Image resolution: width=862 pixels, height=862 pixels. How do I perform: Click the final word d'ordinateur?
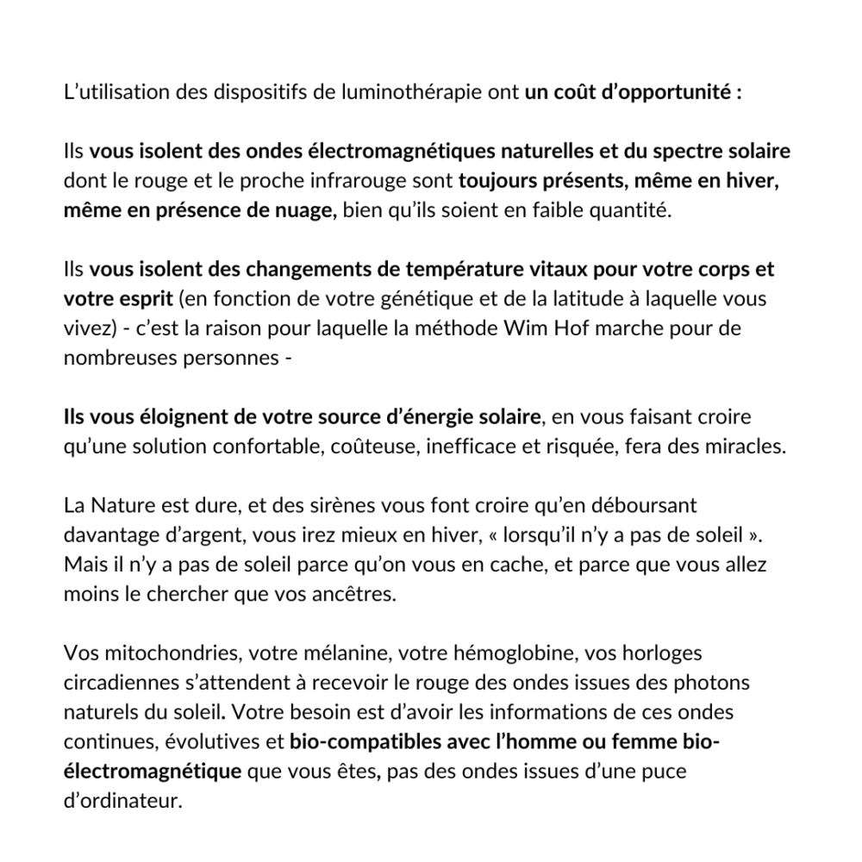[x=123, y=801]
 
